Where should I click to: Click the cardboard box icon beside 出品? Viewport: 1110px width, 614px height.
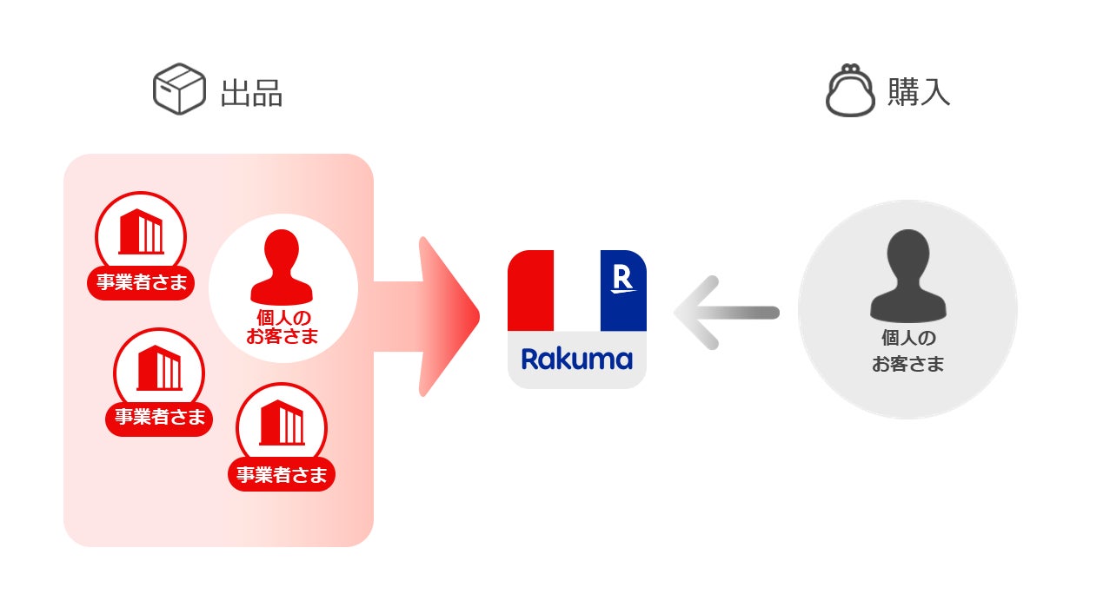pos(179,89)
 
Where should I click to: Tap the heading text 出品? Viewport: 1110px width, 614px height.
pos(251,93)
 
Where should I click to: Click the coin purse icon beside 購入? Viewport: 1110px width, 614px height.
pos(849,90)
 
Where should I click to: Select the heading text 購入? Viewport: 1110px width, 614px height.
pos(918,92)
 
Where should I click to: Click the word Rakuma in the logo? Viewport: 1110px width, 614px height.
pos(576,359)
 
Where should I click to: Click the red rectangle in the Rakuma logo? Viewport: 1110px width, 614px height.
pos(530,290)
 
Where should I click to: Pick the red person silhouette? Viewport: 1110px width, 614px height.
pos(282,266)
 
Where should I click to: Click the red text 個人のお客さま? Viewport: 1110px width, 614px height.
pos(282,327)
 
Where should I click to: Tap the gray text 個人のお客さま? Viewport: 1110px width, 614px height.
pos(907,352)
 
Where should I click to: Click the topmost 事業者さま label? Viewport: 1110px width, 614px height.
pos(140,283)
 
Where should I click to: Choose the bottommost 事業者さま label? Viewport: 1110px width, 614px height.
pos(282,475)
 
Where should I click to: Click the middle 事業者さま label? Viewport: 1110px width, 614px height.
pos(159,417)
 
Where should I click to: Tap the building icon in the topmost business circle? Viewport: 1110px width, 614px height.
pos(141,232)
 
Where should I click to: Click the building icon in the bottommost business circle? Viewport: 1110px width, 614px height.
pos(282,423)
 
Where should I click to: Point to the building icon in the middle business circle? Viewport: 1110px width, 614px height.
pos(159,367)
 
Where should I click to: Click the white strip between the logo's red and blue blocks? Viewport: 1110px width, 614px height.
pos(576,290)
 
